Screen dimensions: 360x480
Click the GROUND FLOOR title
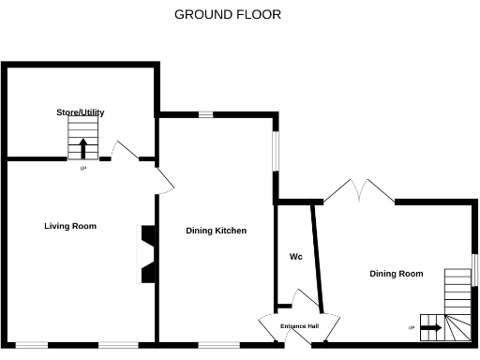tap(228, 15)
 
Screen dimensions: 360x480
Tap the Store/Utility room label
tap(80, 112)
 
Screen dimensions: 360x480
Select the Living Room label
tap(70, 226)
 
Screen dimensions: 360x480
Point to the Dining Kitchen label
tap(216, 231)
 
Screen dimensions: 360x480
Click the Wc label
tap(295, 256)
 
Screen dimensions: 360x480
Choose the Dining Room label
tap(396, 274)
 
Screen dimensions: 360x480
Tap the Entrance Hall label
tap(300, 326)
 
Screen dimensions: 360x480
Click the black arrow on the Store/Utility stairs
tap(82, 148)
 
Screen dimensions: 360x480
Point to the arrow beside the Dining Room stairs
tap(431, 327)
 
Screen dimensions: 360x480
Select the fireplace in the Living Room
tap(146, 253)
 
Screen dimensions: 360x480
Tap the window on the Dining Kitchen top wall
tap(205, 114)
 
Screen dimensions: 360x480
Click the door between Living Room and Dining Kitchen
tap(163, 183)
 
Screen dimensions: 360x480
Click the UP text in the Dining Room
tap(411, 327)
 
